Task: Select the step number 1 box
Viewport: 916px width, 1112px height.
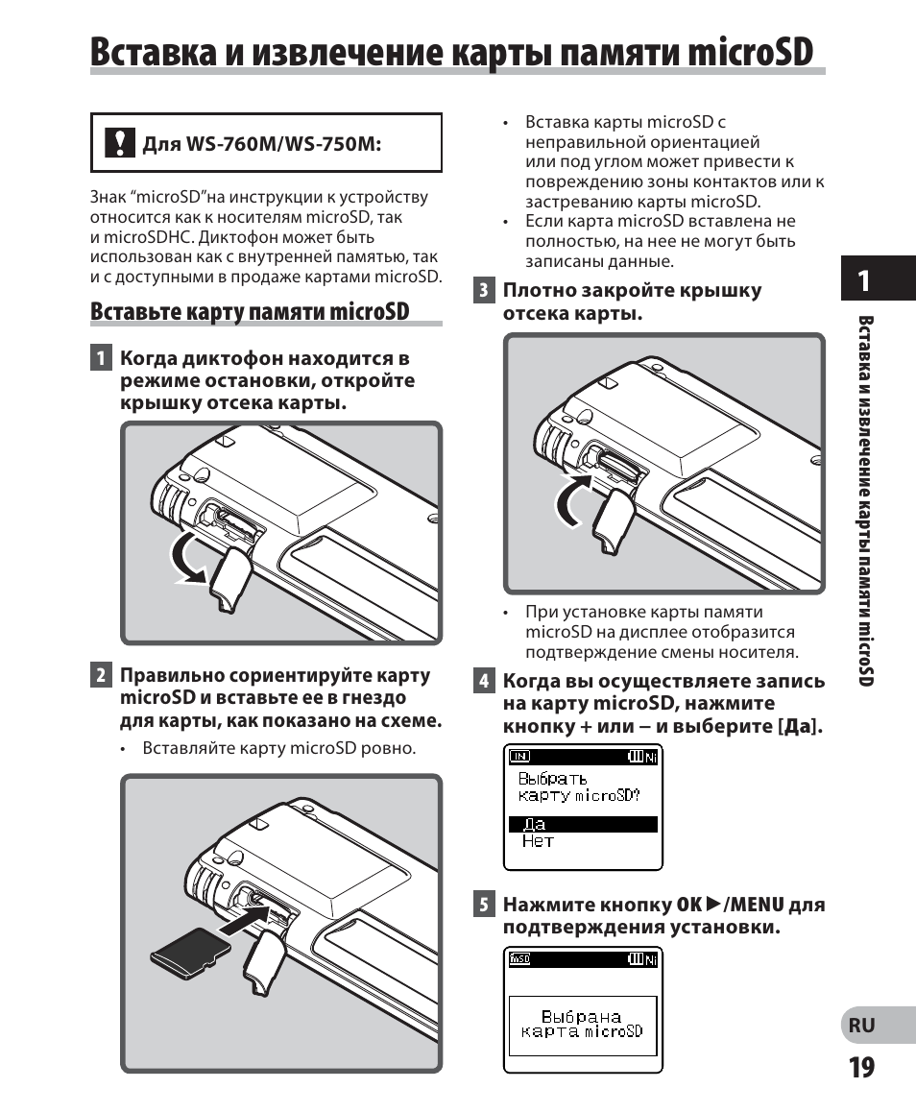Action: tap(100, 359)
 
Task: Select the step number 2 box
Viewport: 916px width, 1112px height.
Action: tap(100, 675)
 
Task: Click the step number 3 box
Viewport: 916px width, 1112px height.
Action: tap(485, 290)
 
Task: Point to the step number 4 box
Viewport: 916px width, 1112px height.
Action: tap(485, 681)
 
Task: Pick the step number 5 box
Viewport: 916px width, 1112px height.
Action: tap(485, 905)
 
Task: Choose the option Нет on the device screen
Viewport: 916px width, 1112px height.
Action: tap(538, 841)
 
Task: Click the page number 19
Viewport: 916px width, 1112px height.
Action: tap(861, 1067)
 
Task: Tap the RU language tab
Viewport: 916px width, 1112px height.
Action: tap(861, 1025)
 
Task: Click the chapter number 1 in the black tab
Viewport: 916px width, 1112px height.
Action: tap(864, 280)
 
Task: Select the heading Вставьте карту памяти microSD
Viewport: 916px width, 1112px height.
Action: tap(250, 311)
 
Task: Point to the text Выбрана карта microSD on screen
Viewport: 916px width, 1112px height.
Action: tap(582, 1024)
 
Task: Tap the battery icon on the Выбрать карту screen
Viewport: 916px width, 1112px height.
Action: tap(635, 756)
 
